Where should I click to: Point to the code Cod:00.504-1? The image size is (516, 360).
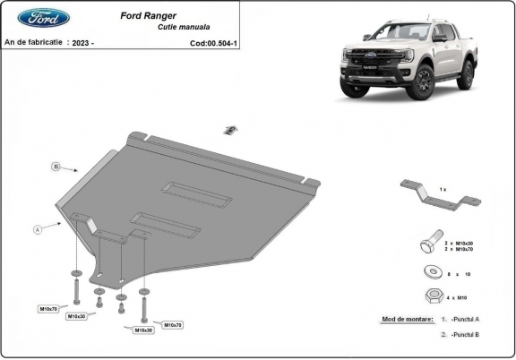pos(214,42)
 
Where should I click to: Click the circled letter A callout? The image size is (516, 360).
pos(38,229)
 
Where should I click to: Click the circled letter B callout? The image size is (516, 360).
pos(56,167)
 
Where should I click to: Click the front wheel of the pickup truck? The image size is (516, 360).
pos(421,83)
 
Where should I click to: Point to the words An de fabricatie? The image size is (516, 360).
pos(33,42)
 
